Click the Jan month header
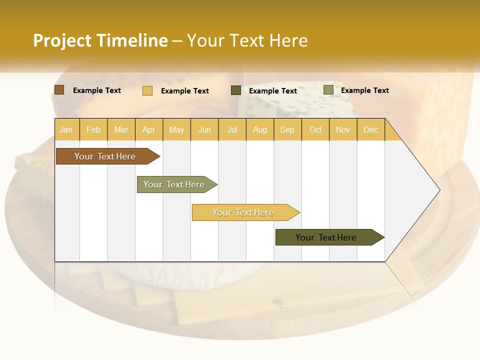(66, 129)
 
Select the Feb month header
(93, 129)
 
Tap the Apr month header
(149, 129)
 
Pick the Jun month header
(204, 129)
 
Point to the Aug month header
(260, 129)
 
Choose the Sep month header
(287, 129)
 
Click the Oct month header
(315, 129)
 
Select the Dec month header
(370, 129)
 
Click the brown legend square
(59, 90)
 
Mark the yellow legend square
(147, 90)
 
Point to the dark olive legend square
(236, 90)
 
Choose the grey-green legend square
(328, 90)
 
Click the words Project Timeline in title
(100, 40)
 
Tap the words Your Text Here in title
(247, 40)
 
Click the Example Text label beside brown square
(97, 90)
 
